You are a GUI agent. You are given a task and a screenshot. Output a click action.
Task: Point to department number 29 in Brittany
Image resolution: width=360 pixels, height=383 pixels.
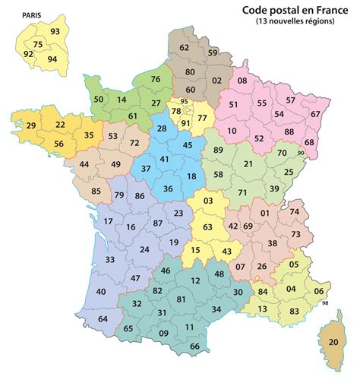coord(31,125)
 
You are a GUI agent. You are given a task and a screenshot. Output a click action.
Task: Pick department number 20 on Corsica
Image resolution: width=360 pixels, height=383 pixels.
coord(333,343)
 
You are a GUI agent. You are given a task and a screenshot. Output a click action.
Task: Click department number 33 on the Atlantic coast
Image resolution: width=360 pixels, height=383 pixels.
coord(110,260)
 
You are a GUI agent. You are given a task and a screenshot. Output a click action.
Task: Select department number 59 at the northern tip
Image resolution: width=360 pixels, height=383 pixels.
coord(213,52)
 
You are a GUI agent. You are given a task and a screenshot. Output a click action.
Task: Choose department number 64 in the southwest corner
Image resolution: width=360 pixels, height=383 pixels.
coord(103,318)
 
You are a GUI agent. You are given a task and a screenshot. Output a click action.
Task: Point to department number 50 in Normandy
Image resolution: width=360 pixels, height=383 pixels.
coord(98,100)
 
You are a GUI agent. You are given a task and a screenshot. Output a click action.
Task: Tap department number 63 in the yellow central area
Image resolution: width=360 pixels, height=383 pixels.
coord(207,226)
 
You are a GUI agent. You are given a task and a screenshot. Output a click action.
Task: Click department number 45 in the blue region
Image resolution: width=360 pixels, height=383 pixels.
coord(188,144)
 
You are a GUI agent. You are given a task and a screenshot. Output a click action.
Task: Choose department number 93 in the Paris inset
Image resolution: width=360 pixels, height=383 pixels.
coord(55,32)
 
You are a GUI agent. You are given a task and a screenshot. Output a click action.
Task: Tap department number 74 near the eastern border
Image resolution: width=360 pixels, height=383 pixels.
coord(295,211)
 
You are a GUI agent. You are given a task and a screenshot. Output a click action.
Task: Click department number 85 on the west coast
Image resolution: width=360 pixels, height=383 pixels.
coord(96,191)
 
